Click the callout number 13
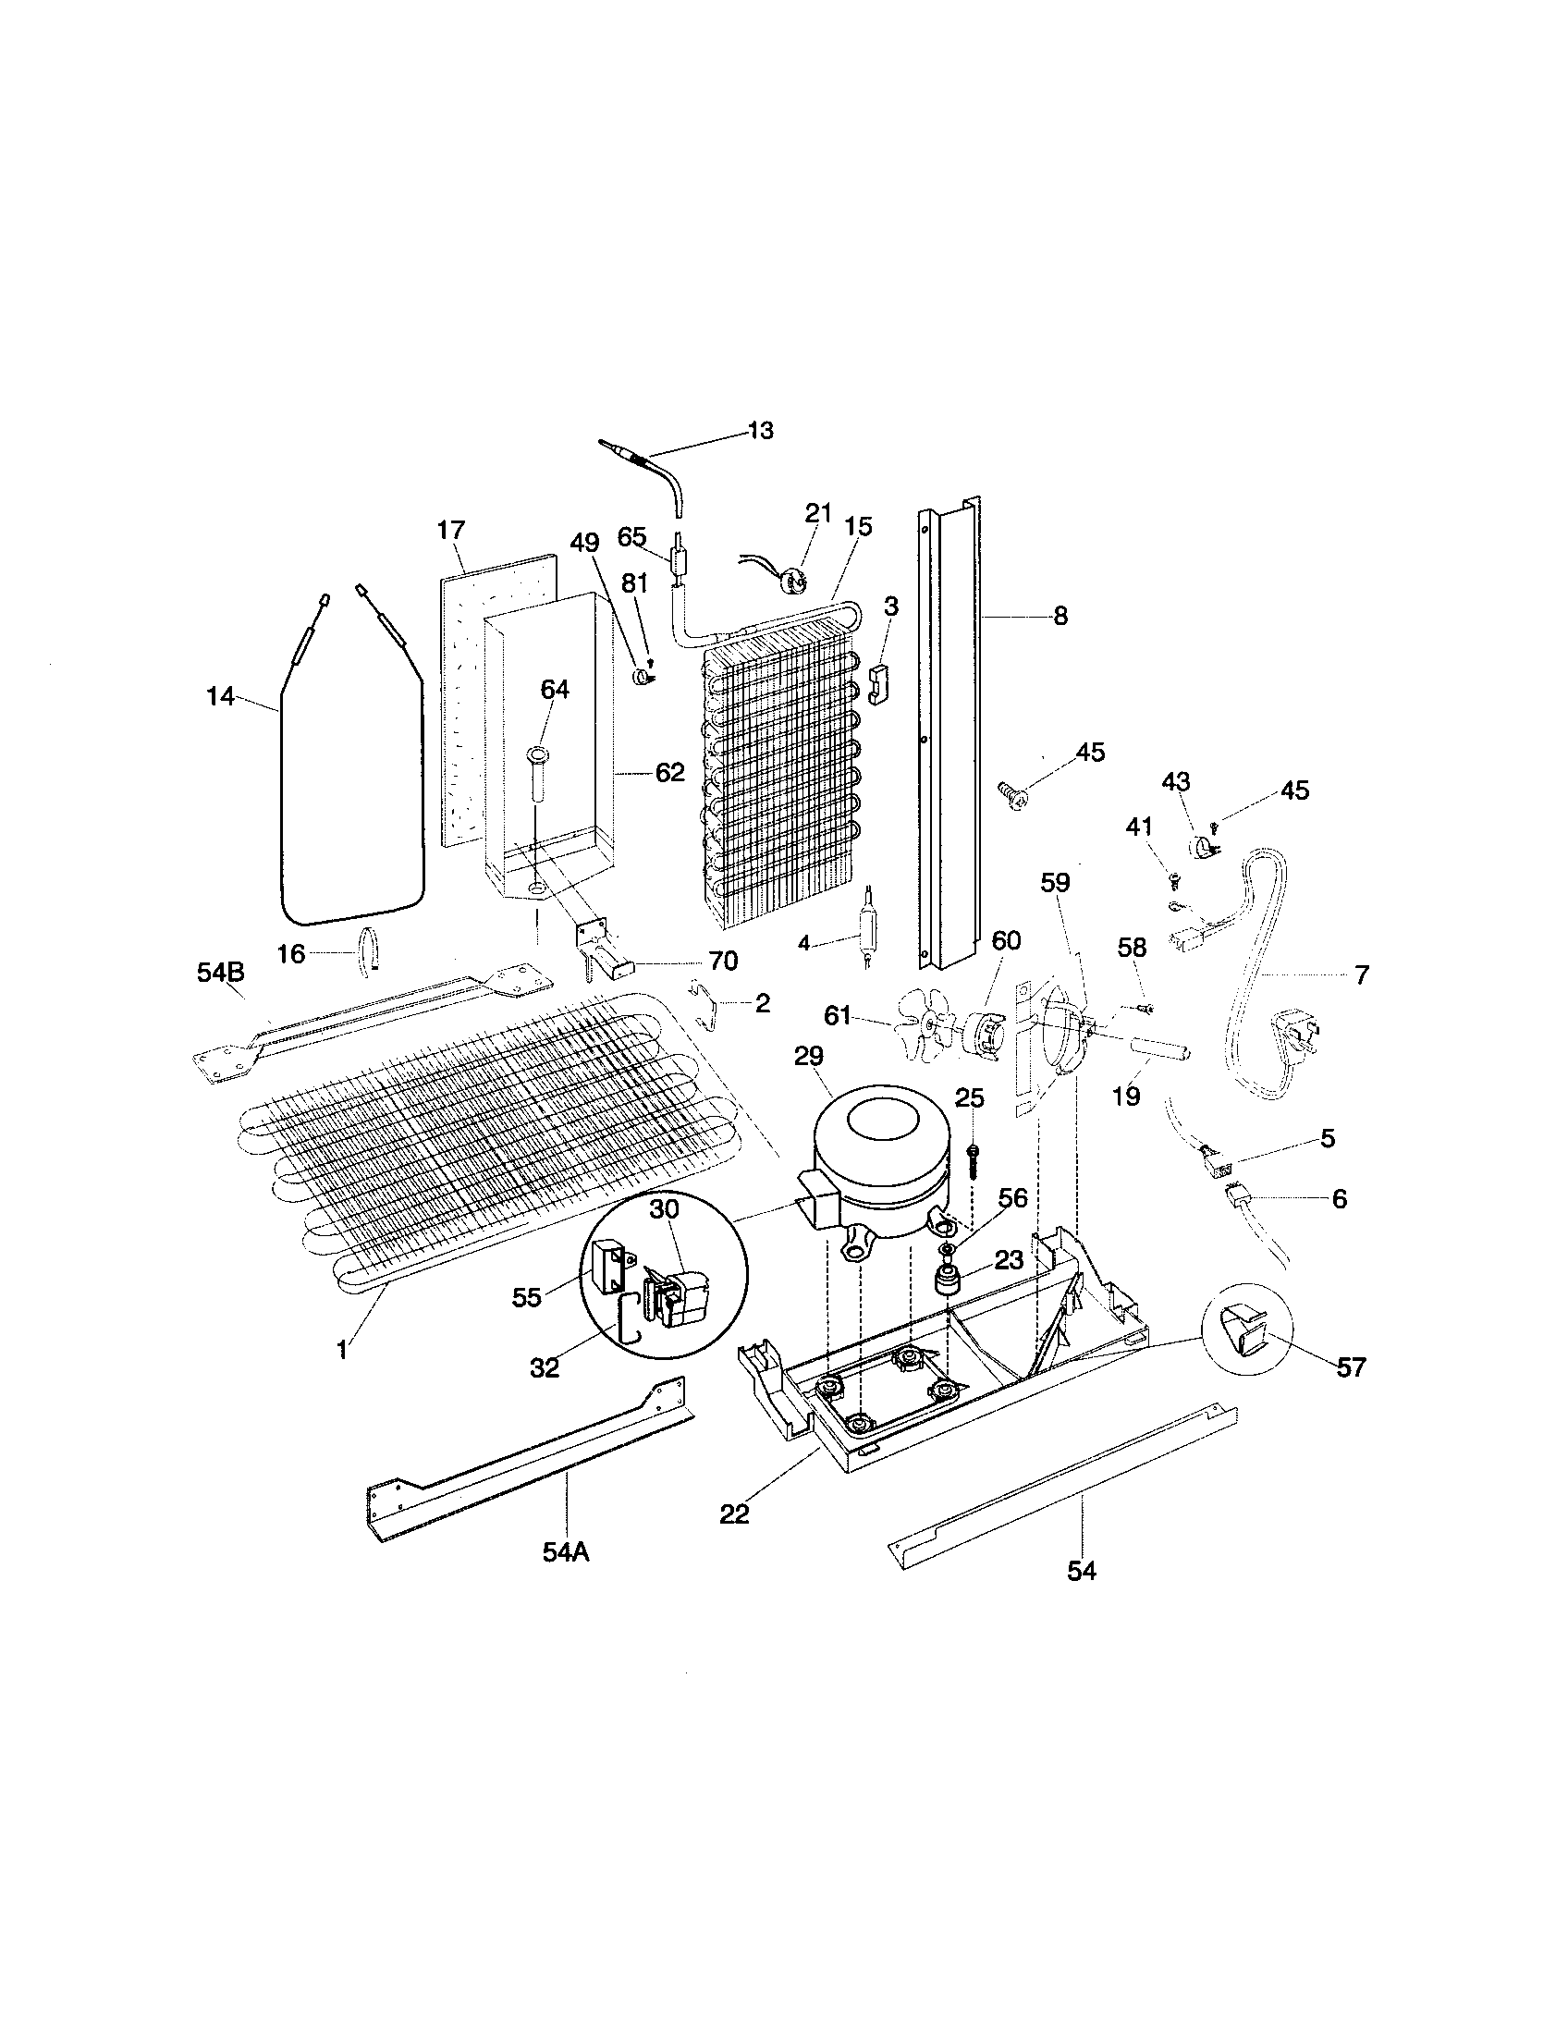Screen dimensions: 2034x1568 tap(760, 430)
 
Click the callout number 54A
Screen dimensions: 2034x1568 tap(566, 1552)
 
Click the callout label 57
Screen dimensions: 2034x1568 tap(1350, 1367)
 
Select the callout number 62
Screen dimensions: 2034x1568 tap(669, 772)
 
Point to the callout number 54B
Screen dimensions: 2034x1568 tap(221, 973)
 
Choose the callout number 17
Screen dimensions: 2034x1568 tap(450, 531)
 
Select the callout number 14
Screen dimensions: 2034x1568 tap(220, 695)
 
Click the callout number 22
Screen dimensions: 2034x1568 tap(734, 1515)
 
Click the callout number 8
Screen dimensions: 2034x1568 tap(1060, 616)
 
